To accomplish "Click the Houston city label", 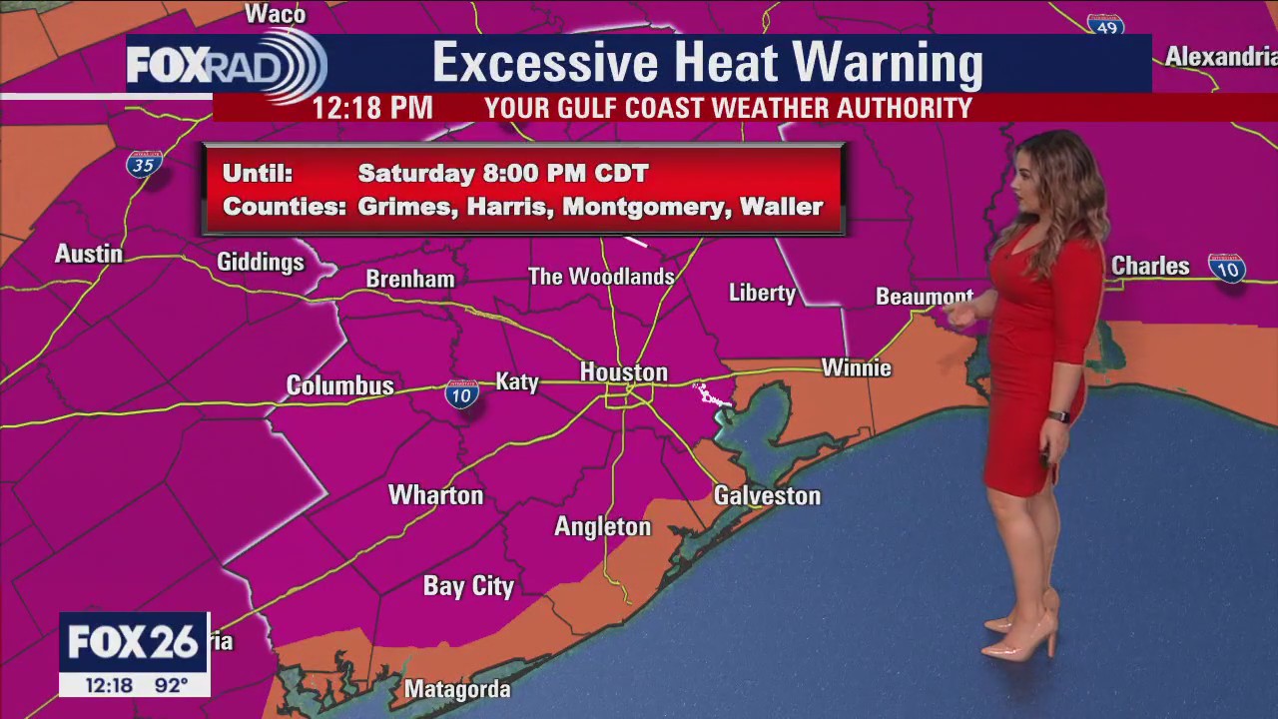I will point(623,372).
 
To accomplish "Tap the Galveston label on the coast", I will point(767,495).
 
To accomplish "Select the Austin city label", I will point(89,254).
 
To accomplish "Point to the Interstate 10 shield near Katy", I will point(461,394).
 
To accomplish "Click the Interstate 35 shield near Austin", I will point(144,165).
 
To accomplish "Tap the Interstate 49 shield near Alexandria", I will point(1105,26).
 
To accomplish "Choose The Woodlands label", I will point(601,277).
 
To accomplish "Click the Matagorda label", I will point(457,689).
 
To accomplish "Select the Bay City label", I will point(468,586).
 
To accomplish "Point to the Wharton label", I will point(435,495).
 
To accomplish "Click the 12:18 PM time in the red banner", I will point(372,108).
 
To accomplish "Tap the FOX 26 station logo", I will point(134,643).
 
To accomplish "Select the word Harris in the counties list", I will point(506,207).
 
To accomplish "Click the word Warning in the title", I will point(887,63).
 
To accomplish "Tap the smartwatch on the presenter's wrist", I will point(1059,415).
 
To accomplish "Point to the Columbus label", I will point(339,385).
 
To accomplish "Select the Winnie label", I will point(856,368).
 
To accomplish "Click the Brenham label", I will point(410,280).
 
